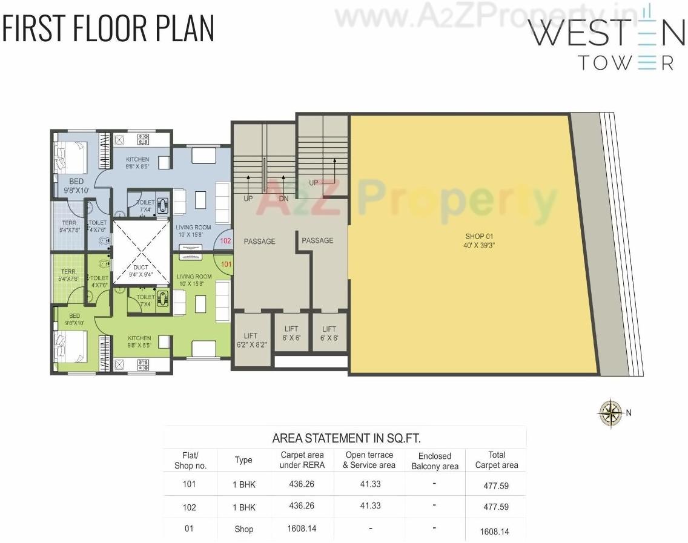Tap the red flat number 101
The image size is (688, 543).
pos(226,264)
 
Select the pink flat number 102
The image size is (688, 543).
pos(226,240)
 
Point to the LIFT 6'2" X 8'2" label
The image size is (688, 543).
pos(251,340)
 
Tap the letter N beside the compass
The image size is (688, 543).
pos(629,413)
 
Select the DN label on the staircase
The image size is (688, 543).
pos(283,199)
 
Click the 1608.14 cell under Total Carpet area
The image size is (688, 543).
pos(494,531)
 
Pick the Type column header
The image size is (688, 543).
pos(243,460)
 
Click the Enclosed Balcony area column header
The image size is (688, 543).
pos(435,461)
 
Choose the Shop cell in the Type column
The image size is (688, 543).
pos(243,529)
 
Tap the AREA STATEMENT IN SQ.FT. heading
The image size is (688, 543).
pos(346,438)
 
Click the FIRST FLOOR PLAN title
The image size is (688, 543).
pos(108,28)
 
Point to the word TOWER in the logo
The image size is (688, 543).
pos(626,63)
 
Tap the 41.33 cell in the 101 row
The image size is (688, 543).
pos(370,484)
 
